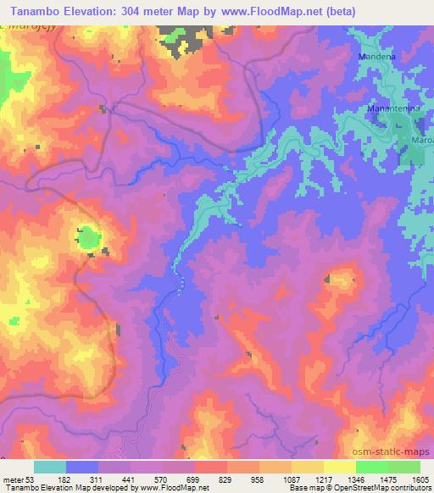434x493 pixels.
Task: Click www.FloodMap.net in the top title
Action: tap(257, 12)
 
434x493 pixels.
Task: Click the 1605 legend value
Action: tap(415, 479)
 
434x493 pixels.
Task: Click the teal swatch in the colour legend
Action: tap(49, 467)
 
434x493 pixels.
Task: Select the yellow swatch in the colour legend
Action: tap(339, 467)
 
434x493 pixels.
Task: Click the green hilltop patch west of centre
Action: tap(88, 237)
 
